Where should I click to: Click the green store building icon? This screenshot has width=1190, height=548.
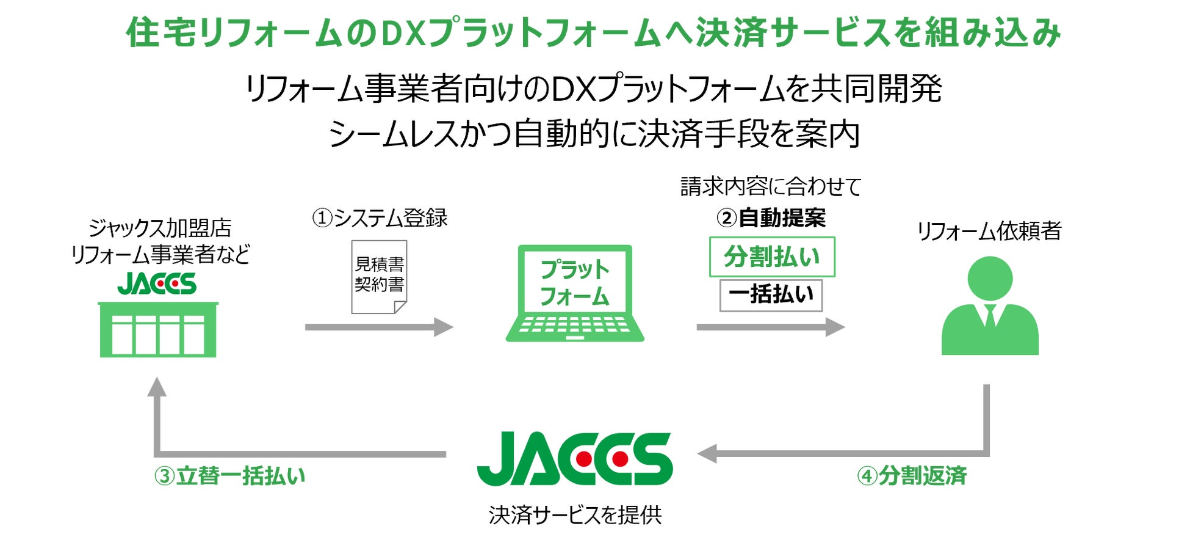tap(158, 329)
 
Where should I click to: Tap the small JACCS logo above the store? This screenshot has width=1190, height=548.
tap(157, 283)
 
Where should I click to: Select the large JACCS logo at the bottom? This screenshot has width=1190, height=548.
tap(575, 459)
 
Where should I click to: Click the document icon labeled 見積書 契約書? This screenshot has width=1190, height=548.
tap(379, 277)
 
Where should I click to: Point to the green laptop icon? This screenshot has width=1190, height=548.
tap(575, 293)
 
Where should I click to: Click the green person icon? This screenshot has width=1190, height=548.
tap(990, 305)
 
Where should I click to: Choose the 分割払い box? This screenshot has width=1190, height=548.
tap(772, 257)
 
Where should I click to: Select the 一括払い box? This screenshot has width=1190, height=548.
tap(771, 295)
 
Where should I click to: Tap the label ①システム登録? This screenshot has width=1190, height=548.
tap(380, 217)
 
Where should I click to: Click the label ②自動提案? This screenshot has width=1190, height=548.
tap(771, 217)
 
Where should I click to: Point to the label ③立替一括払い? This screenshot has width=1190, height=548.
tap(229, 476)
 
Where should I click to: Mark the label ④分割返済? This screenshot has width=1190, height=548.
tap(912, 476)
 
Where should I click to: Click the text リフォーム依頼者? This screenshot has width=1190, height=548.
tap(989, 231)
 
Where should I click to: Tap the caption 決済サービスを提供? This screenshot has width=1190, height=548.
tap(575, 515)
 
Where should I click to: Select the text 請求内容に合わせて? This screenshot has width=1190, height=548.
tap(771, 186)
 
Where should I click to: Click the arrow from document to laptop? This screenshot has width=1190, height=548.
tap(379, 327)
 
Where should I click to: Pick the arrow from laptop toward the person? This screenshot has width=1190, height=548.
tap(771, 327)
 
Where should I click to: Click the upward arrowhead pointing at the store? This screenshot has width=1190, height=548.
tap(157, 386)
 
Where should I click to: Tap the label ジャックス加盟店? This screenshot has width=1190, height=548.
tap(160, 228)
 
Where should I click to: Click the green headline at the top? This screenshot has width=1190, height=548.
tap(593, 32)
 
